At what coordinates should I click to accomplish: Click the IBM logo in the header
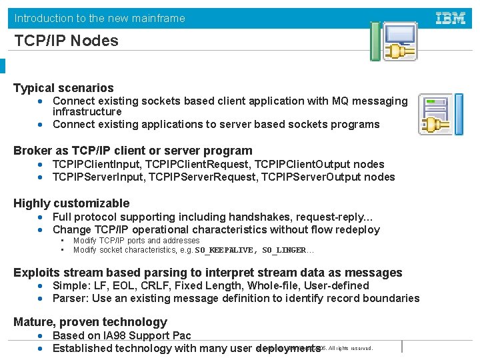point(450,18)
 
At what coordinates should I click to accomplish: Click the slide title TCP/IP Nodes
point(66,41)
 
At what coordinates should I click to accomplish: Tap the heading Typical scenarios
point(63,88)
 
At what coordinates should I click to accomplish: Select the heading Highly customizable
point(71,203)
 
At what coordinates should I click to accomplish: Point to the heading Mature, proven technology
point(90,322)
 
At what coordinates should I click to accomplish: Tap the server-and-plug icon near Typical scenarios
point(439,113)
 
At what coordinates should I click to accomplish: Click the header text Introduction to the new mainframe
point(100,18)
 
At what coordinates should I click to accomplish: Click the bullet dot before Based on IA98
point(41,335)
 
